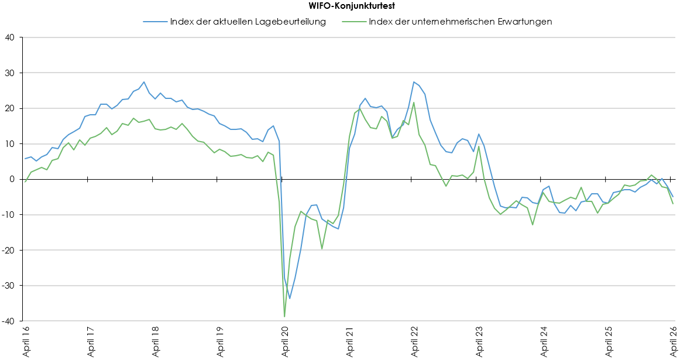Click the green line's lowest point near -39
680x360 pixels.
(284, 317)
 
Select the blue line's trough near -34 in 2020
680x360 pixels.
(290, 299)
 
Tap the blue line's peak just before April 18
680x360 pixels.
(144, 82)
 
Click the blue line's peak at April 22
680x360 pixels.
(414, 82)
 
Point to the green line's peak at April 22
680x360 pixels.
(414, 102)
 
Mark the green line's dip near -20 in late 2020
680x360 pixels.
(322, 249)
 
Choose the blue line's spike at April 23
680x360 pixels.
(479, 134)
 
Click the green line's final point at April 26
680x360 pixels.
(673, 204)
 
